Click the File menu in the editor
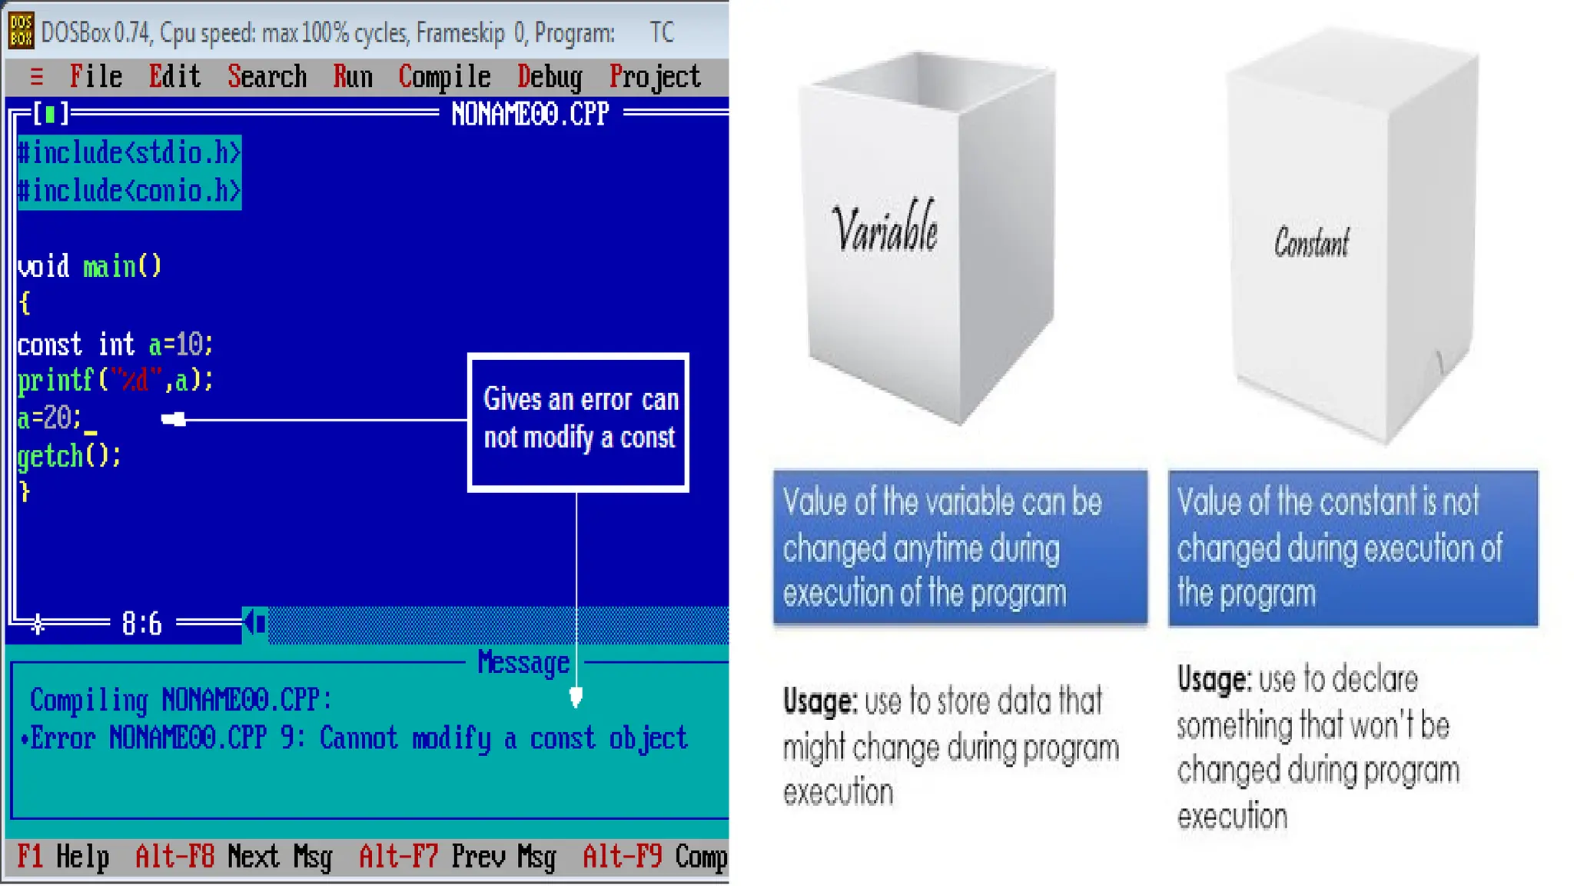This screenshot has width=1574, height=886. tap(96, 77)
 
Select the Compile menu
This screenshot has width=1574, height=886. tap(444, 77)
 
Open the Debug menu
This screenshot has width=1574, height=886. tap(550, 77)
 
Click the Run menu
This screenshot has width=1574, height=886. tap(353, 77)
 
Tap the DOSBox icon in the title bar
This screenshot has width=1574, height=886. tap(21, 31)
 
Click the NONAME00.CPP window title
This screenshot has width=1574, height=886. tap(530, 115)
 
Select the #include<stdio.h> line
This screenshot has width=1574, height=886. tap(129, 153)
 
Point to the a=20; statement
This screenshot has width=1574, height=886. tap(49, 418)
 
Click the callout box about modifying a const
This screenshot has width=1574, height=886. tap(579, 421)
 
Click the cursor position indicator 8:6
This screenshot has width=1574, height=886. tap(142, 623)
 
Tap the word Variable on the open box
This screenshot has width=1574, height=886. tap(885, 228)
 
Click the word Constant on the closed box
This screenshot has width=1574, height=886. tap(1311, 242)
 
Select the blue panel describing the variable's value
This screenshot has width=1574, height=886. tap(960, 547)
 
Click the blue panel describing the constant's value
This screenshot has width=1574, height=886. tap(1353, 547)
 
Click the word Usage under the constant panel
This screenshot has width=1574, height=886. tap(1213, 680)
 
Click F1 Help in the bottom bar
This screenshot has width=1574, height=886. tap(64, 856)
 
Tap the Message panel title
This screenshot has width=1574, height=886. tap(523, 662)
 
